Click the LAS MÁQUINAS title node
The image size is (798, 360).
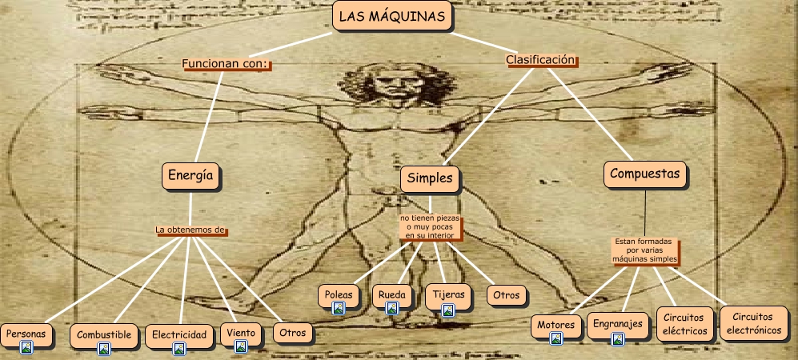point(391,17)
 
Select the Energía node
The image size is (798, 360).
point(190,175)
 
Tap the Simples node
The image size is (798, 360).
point(430,178)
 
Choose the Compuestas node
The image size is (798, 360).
point(644,174)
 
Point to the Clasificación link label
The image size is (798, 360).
point(541,60)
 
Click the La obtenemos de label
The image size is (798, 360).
point(190,230)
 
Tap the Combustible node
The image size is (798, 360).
point(104,334)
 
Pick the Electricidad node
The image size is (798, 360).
point(179,334)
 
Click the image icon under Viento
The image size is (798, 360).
point(241,346)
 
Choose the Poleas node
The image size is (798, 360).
point(339,294)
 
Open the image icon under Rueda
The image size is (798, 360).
point(392,307)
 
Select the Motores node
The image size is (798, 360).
point(556,325)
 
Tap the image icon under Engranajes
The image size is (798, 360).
point(617,339)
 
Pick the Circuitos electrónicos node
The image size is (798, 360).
point(752,322)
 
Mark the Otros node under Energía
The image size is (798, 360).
point(291,332)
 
